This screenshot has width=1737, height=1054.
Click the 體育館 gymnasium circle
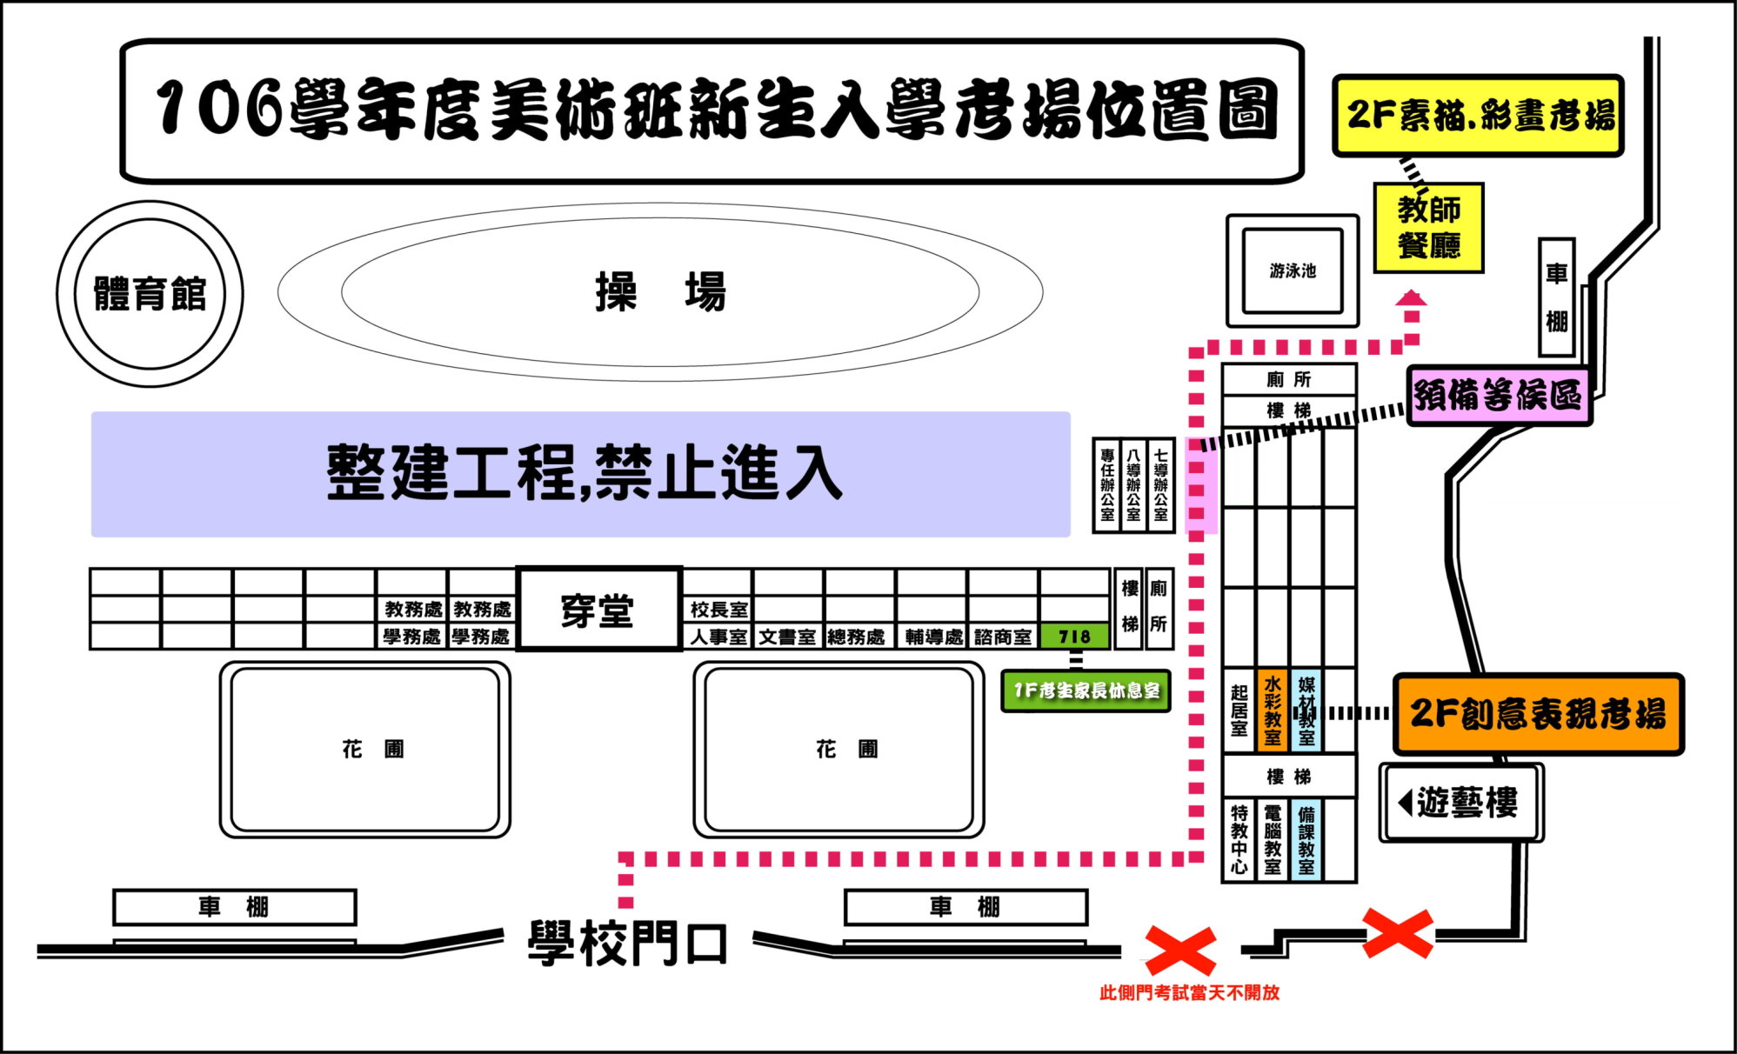[x=150, y=294]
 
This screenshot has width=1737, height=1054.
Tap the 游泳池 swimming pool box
[x=1292, y=270]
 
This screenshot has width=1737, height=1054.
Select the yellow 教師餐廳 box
[x=1428, y=228]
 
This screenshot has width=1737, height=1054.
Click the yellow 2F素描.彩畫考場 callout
[x=1478, y=116]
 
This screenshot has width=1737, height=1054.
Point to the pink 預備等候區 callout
[x=1499, y=396]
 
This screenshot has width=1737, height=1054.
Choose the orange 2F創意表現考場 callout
[x=1538, y=714]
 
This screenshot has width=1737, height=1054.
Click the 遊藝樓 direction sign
[x=1460, y=802]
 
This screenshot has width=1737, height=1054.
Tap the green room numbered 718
[x=1074, y=637]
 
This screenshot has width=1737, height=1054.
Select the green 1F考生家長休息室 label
[x=1086, y=691]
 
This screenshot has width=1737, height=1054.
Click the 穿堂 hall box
[x=598, y=609]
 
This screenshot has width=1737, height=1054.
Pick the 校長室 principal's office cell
[x=718, y=610]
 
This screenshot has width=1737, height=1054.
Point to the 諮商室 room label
[x=1003, y=637]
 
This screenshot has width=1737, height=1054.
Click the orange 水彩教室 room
[x=1273, y=710]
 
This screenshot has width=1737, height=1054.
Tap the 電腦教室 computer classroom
[x=1273, y=839]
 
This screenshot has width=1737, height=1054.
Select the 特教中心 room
[x=1239, y=839]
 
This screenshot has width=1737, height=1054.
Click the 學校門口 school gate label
[x=627, y=944]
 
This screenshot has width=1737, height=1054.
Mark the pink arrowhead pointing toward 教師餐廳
[x=1411, y=298]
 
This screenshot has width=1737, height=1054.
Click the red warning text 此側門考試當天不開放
[x=1189, y=993]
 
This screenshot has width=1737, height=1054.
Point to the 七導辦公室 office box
[x=1160, y=485]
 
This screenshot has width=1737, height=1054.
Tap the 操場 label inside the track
[x=660, y=291]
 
